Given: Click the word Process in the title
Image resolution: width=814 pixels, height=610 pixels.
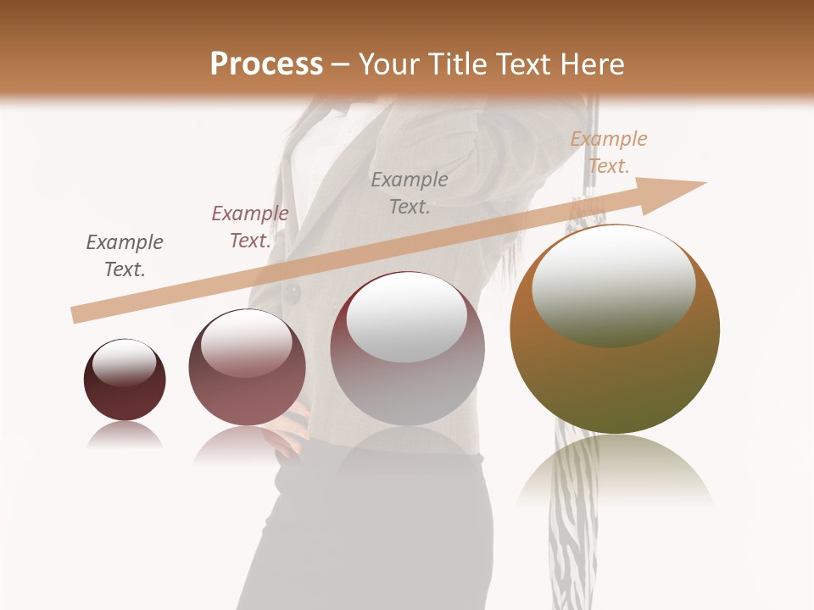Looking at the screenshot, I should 266,64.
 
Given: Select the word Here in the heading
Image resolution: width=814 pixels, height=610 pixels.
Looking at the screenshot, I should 591,64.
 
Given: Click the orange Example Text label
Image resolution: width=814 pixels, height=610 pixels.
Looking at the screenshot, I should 608,152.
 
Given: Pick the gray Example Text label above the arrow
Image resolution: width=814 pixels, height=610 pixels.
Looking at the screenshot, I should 410,192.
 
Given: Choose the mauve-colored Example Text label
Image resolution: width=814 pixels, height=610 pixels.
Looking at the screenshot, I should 250,227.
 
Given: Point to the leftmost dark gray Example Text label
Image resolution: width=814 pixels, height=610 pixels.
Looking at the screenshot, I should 125,255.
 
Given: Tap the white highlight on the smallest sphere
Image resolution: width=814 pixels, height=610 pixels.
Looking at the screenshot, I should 124,363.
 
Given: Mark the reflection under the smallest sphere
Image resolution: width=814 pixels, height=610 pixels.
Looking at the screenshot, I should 125,435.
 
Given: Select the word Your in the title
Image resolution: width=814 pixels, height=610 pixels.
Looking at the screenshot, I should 389,64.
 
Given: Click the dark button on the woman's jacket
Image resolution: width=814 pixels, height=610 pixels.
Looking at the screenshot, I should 293,293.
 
